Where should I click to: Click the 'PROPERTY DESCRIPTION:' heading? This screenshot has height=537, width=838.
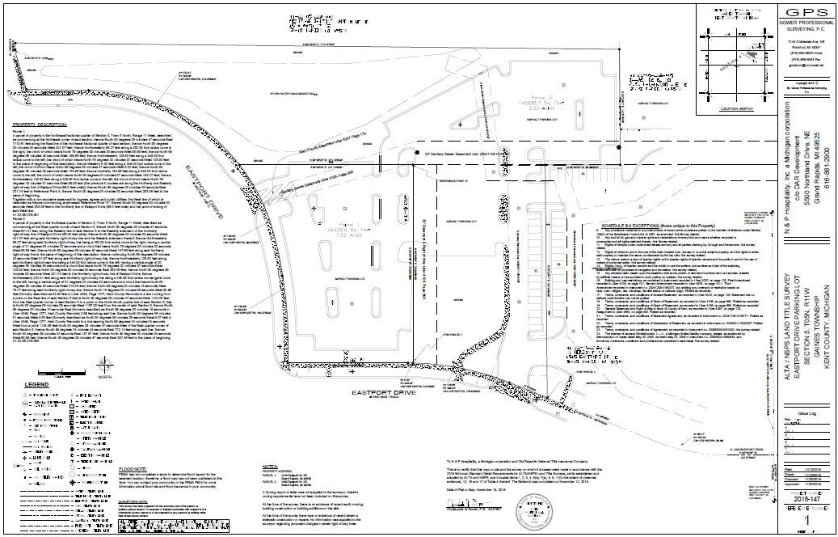(40, 125)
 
